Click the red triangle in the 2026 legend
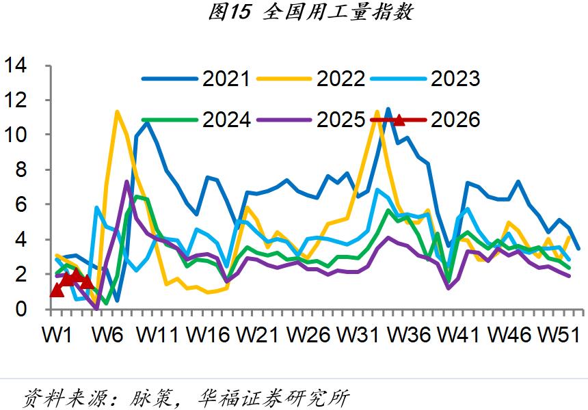pyautogui.click(x=399, y=120)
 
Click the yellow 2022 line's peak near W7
pyautogui.click(x=117, y=111)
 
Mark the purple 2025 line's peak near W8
pyautogui.click(x=127, y=182)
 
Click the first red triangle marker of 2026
pyautogui.click(x=57, y=290)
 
